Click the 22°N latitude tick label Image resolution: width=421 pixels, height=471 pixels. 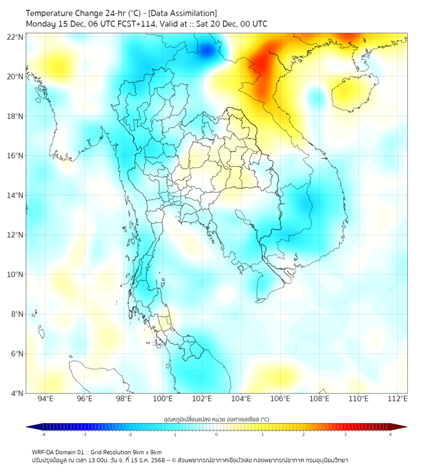coord(16,37)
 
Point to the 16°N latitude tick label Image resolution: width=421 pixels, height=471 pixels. coord(16,156)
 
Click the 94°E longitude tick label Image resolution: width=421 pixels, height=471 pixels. coord(45,399)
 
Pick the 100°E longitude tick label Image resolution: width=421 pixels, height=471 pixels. coord(163,399)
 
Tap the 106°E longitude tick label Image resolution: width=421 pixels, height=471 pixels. coord(281,399)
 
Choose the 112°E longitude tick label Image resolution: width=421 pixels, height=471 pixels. coord(399,399)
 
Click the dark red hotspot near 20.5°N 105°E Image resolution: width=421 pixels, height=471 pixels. coord(262,65)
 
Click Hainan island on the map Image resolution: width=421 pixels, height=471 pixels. coord(354,93)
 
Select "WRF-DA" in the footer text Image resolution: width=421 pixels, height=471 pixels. coord(44,452)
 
